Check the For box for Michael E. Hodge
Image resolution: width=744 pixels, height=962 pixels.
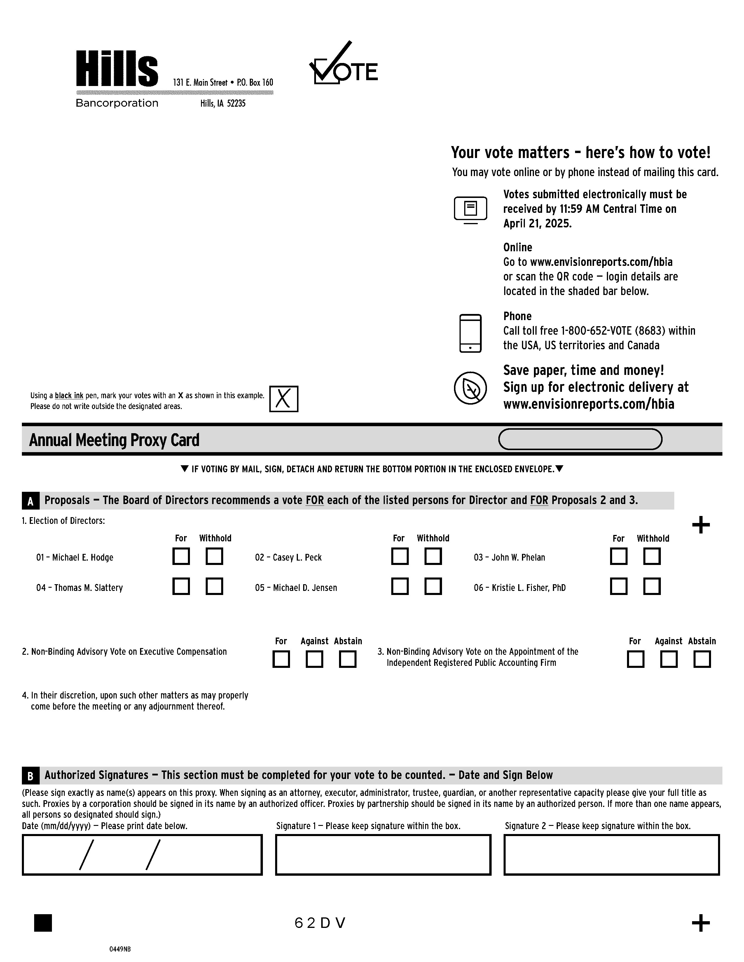pos(181,556)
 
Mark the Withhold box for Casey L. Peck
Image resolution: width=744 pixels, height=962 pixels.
pos(433,556)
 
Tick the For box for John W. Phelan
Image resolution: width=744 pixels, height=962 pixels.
pos(618,556)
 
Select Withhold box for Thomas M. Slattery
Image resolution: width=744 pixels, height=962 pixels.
pos(214,586)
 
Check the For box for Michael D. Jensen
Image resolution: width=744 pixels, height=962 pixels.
pos(400,586)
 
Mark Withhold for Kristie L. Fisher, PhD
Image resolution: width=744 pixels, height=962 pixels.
pos(652,586)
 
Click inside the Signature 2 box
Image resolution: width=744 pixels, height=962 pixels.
pos(611,854)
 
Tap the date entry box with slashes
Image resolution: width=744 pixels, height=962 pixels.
pos(142,854)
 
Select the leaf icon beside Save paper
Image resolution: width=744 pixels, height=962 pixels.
pos(470,388)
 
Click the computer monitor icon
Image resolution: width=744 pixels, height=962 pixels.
pos(470,209)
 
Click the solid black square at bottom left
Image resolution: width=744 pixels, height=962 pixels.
pos(43,923)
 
